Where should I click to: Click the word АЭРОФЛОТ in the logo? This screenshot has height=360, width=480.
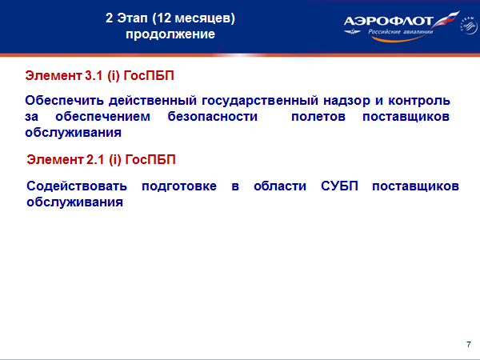[388, 21]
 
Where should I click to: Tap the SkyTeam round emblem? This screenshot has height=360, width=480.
[468, 26]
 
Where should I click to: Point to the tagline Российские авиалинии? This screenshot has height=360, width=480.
[401, 31]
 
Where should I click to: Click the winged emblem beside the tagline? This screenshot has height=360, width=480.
[352, 31]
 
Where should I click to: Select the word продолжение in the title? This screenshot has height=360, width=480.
[170, 34]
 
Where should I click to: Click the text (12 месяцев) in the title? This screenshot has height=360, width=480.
[194, 18]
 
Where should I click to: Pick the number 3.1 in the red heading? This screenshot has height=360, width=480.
[94, 76]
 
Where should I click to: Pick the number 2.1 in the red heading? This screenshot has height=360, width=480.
[95, 160]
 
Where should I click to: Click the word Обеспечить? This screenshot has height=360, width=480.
[64, 101]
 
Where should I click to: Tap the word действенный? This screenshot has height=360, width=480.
[153, 101]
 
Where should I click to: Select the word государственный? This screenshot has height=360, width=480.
[260, 102]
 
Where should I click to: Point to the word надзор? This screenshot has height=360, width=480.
[346, 102]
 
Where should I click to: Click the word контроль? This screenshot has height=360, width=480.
[419, 101]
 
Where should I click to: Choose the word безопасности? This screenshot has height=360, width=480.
[213, 117]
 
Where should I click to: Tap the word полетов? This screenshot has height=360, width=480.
[318, 117]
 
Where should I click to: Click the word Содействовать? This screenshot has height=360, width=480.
[77, 186]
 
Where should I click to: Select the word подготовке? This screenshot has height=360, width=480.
[179, 186]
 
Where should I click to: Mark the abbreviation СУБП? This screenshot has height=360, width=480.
[339, 186]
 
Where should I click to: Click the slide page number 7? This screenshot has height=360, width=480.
[469, 344]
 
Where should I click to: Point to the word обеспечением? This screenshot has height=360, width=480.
[102, 117]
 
